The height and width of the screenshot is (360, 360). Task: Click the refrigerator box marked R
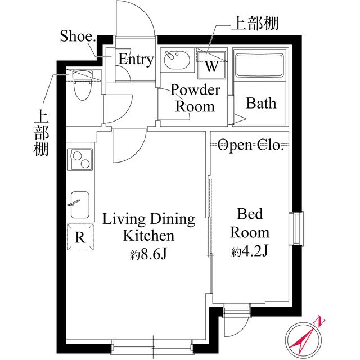point(80,236)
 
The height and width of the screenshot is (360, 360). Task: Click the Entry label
point(136,60)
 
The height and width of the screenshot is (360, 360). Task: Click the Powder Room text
point(194,98)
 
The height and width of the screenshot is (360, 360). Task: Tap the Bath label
point(262,103)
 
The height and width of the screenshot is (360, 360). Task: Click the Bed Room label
point(250,223)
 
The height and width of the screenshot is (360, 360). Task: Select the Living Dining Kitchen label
point(148,227)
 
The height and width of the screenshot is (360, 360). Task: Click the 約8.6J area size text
point(149,255)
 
